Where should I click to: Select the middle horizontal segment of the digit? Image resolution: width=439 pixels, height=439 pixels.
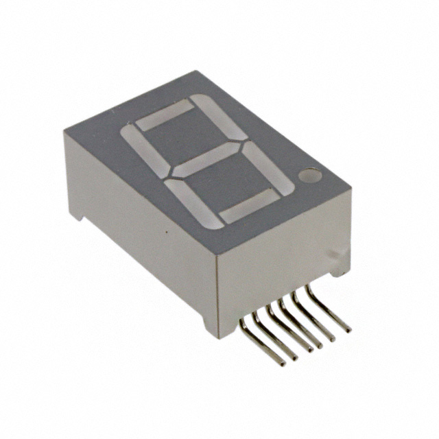pos(205,159)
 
